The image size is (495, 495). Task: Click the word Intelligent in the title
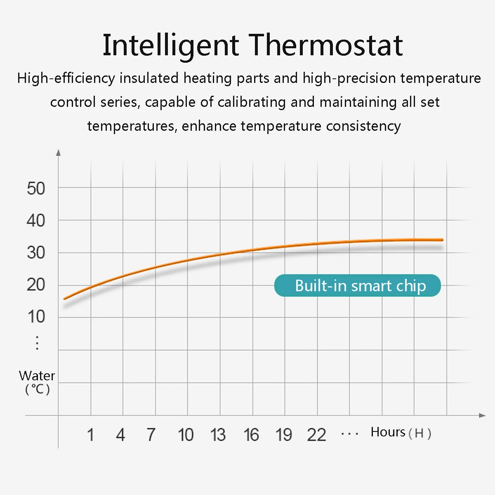170,45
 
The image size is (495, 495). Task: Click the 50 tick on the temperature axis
36,189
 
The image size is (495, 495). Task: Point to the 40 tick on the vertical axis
36,221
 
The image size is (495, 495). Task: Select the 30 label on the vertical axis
36,252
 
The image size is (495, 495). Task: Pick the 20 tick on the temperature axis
36,285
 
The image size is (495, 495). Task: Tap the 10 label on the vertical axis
36,317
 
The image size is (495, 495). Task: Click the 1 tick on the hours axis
90,435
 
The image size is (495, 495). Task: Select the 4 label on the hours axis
120,435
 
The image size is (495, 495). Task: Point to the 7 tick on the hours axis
151,435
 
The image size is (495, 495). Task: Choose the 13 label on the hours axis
218,435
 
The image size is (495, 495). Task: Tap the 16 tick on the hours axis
251,435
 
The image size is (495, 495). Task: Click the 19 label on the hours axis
284,435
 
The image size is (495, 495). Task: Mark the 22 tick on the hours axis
316,435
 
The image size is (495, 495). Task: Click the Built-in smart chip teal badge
357,285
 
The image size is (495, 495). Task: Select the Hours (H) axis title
401,432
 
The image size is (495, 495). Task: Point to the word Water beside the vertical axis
37,376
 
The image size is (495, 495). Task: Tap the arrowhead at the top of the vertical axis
59,153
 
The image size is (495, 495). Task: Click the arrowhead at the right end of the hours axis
482,415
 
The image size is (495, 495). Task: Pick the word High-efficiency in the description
66,78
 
